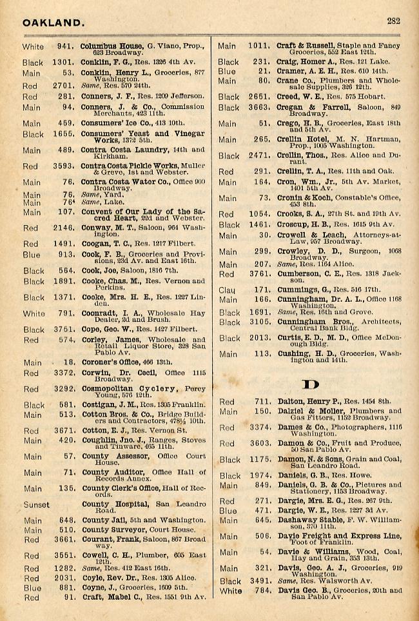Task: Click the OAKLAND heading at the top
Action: pyautogui.click(x=53, y=23)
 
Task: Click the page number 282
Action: pyautogui.click(x=394, y=21)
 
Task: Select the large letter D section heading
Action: pyautogui.click(x=311, y=385)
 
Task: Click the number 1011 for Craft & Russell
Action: pyautogui.click(x=258, y=46)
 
